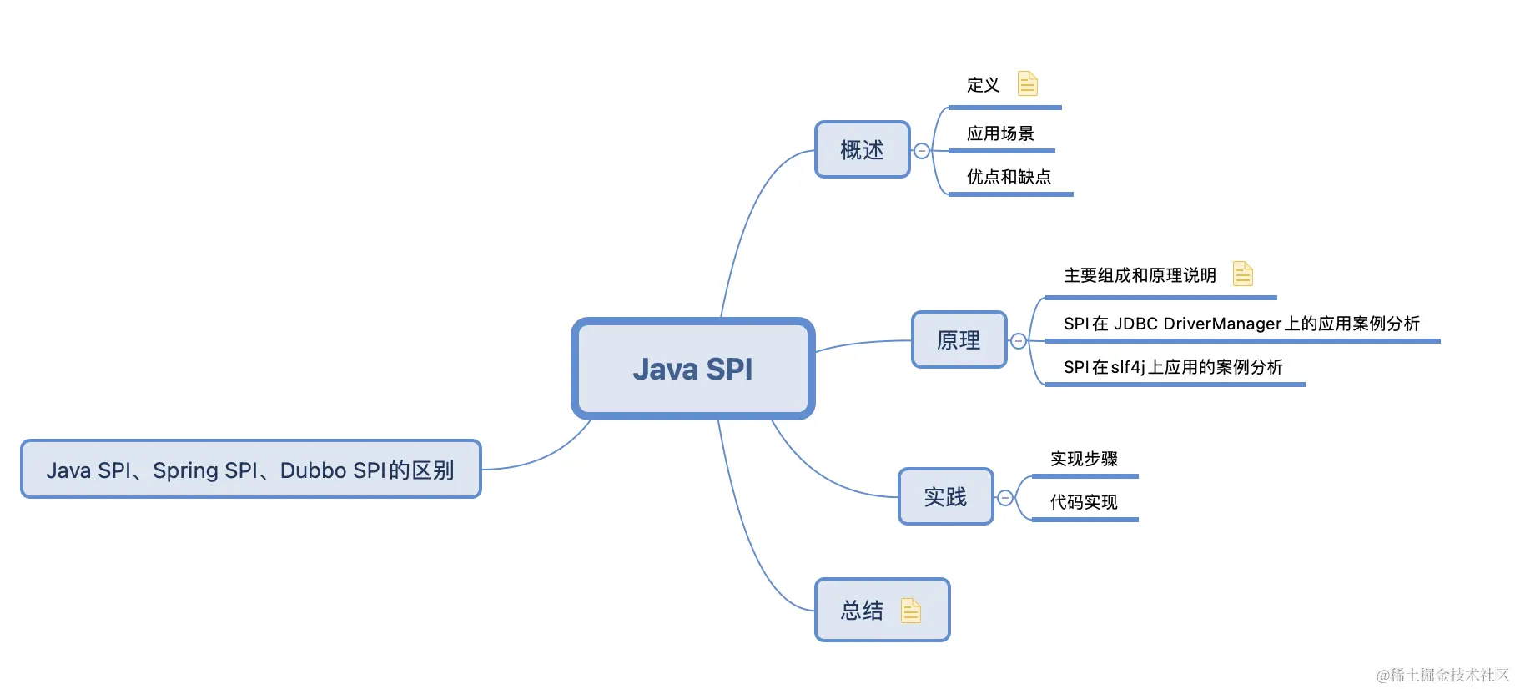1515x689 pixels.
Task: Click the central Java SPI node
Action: coord(692,369)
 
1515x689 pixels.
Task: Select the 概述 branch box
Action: coord(862,150)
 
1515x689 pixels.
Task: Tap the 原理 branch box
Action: coord(959,340)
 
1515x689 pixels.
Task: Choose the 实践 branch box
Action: coord(945,497)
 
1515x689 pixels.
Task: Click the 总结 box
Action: coord(863,611)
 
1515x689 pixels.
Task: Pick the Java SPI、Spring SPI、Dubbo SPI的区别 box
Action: coord(250,470)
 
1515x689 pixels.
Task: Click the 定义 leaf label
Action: coord(983,85)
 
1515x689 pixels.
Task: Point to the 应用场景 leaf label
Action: coord(1000,133)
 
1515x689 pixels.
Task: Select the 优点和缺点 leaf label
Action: coord(1009,177)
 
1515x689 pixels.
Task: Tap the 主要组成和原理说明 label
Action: coord(1140,275)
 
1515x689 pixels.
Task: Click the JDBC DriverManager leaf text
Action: coord(1241,324)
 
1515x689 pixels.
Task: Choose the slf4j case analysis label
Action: coord(1173,367)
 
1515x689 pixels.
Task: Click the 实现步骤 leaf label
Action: coord(1084,459)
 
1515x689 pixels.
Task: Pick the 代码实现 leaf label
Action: coord(1084,502)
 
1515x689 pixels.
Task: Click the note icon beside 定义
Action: coord(1028,83)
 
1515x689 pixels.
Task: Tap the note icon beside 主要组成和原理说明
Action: coord(1243,274)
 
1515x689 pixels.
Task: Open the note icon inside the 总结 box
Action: coord(911,611)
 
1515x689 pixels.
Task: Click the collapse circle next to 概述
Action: coord(922,151)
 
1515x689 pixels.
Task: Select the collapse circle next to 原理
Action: coord(1019,341)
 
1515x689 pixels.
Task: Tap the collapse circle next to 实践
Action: coord(1005,498)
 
